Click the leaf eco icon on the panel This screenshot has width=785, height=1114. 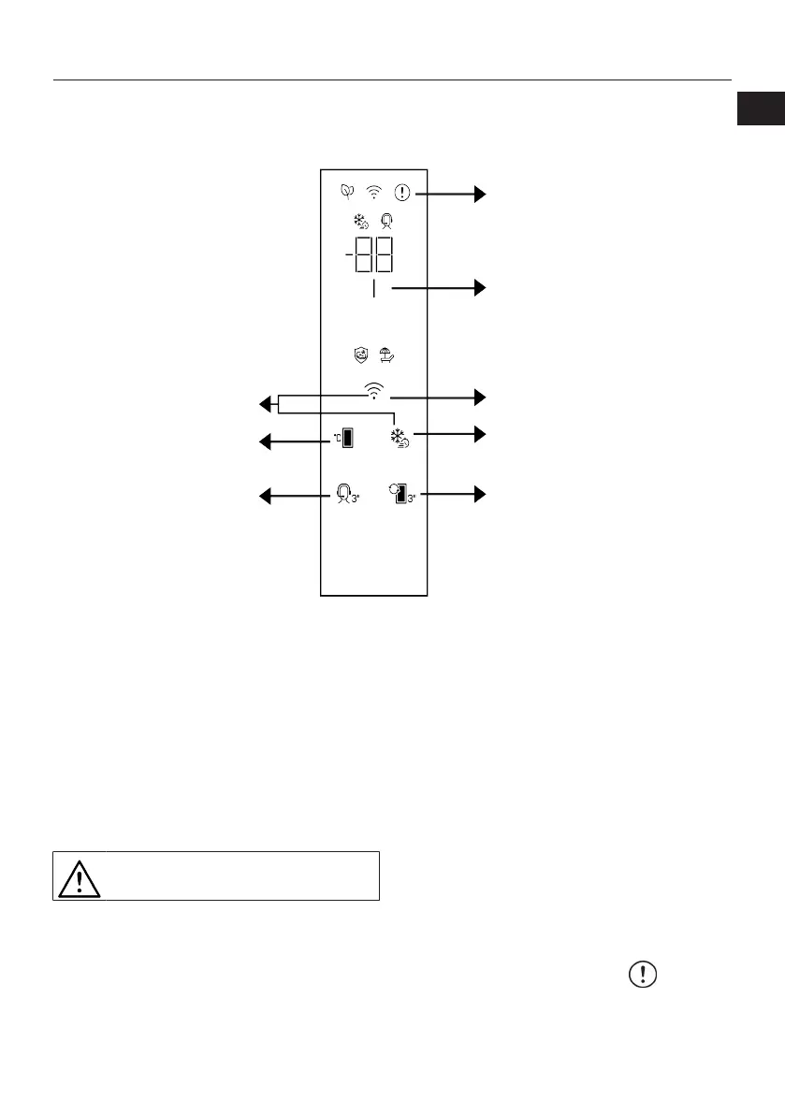[x=347, y=194]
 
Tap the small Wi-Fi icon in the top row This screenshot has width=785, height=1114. [x=374, y=194]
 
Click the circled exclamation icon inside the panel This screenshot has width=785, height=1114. [x=402, y=194]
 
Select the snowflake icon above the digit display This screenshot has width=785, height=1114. [x=360, y=223]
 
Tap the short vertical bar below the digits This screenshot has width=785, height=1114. [x=373, y=290]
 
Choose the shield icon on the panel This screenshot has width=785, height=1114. [x=360, y=354]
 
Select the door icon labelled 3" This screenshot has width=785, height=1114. [x=403, y=494]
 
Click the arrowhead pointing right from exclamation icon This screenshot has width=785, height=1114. [x=481, y=194]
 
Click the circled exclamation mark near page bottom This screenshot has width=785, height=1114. [x=642, y=974]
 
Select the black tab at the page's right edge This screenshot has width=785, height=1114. [x=760, y=109]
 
